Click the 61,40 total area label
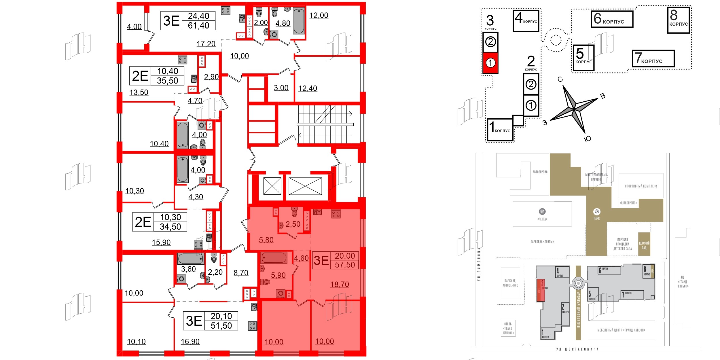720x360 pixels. (198, 26)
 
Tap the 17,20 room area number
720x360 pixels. (206, 44)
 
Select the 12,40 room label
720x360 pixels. (308, 88)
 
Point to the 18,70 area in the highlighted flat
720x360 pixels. (340, 285)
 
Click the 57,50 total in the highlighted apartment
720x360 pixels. (345, 265)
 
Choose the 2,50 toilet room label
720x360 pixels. (293, 224)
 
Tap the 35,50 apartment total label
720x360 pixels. (167, 81)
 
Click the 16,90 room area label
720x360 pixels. (190, 342)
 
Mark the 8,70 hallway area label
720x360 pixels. (241, 273)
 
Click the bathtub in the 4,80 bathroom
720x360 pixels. (299, 21)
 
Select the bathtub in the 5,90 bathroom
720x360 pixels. (274, 258)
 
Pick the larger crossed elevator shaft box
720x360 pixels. (305, 186)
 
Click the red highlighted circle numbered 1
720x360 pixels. (490, 62)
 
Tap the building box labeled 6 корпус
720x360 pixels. (612, 19)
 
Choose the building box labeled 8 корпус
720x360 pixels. (678, 20)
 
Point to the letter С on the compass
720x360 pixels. (560, 79)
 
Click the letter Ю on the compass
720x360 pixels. (588, 139)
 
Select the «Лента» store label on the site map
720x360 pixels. (542, 219)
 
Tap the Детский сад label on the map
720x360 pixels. (644, 245)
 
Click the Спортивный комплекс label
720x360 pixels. (641, 186)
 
